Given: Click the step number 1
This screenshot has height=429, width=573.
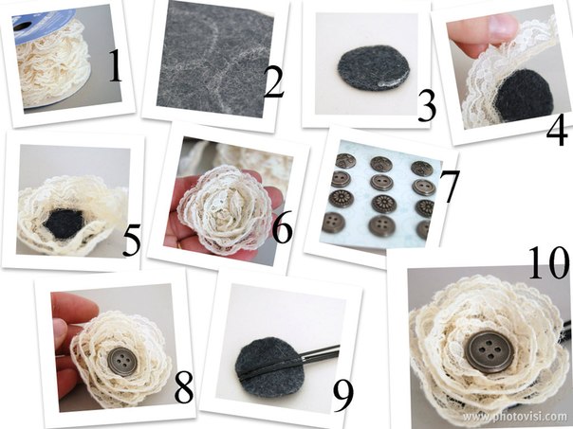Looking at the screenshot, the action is click(x=116, y=65).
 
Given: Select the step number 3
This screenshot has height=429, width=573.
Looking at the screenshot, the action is click(x=427, y=106).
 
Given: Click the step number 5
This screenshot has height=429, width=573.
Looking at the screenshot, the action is click(x=132, y=240).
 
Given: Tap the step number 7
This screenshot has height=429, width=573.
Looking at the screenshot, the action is click(x=450, y=187).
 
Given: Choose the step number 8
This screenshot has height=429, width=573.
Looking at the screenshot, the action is click(x=184, y=386).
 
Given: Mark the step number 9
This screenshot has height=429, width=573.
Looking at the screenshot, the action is click(x=343, y=396).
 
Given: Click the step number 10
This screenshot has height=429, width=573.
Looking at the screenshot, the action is click(x=548, y=262).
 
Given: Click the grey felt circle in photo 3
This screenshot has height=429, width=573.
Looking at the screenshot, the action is click(x=368, y=68).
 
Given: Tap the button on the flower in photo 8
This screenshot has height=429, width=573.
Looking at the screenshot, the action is click(x=123, y=361).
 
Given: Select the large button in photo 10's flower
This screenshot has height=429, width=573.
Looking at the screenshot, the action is click(x=490, y=351).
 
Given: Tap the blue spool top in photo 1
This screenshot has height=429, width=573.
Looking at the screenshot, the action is click(x=42, y=26).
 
